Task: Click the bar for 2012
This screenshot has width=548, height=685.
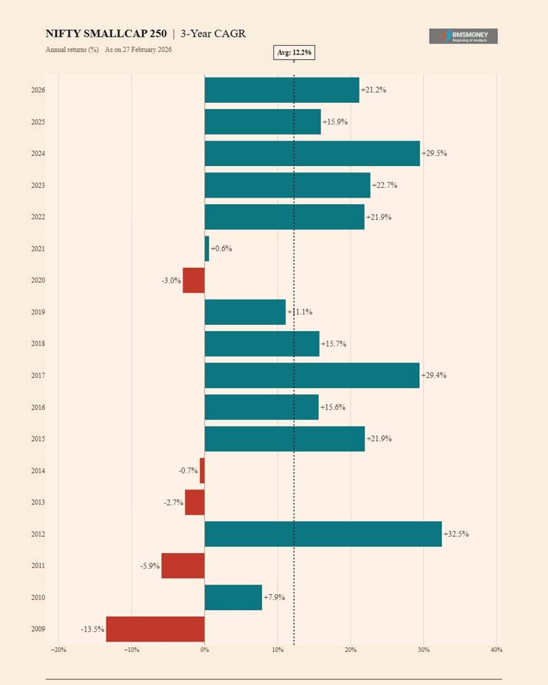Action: (323, 534)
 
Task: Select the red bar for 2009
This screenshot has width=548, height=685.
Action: (155, 629)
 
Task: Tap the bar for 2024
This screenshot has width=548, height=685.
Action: (312, 153)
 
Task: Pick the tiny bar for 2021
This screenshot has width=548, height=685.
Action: (207, 249)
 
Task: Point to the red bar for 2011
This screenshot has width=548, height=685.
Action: (183, 566)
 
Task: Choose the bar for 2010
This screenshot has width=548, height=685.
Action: (233, 597)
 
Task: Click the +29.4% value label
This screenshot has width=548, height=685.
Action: (434, 375)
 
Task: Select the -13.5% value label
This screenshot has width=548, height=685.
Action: (93, 629)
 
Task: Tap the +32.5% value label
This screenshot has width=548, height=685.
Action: (456, 534)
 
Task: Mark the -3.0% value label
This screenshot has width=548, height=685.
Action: (171, 280)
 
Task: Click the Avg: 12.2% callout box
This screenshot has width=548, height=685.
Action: (294, 53)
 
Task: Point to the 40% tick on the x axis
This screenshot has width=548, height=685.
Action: (497, 649)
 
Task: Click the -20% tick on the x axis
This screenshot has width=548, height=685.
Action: (58, 649)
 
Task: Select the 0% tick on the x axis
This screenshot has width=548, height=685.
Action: (204, 649)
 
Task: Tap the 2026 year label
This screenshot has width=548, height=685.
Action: (38, 90)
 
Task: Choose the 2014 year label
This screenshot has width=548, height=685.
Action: (38, 471)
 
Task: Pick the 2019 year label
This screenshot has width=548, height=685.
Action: (38, 312)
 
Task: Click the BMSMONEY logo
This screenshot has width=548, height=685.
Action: (463, 36)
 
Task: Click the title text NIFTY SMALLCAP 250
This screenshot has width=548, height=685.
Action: (106, 34)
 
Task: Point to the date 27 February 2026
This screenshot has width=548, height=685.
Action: (148, 49)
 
